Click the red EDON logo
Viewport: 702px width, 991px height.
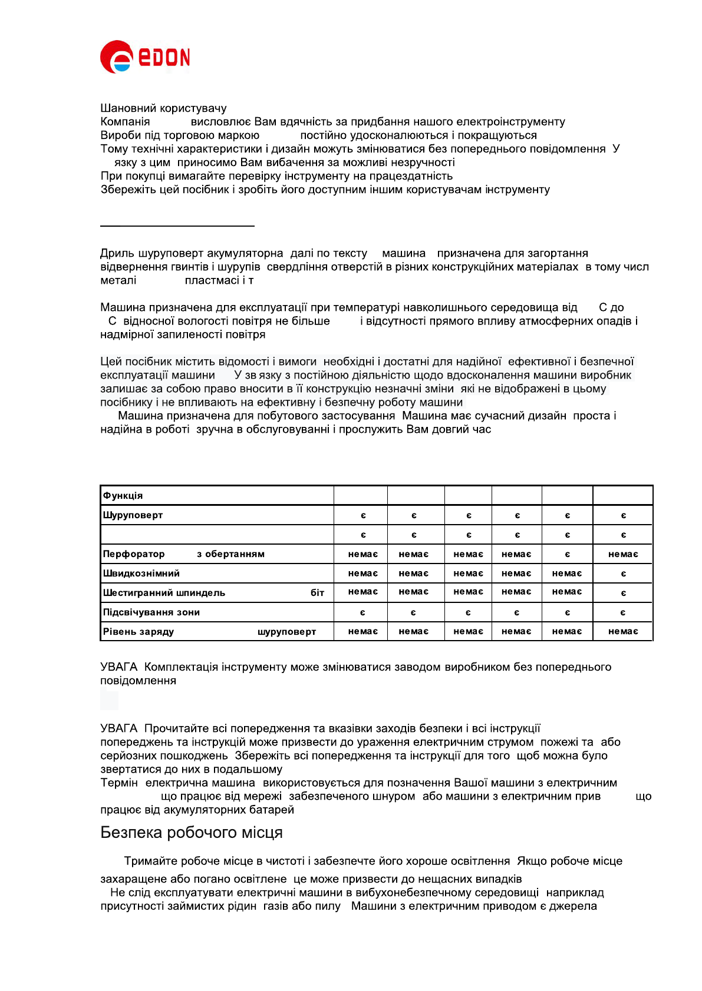[x=145, y=57]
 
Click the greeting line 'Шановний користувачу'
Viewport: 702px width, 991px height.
[x=163, y=108]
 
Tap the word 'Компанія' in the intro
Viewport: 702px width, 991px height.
[x=125, y=122]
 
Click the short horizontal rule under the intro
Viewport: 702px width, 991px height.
[x=177, y=226]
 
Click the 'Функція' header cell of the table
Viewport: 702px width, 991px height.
[x=123, y=496]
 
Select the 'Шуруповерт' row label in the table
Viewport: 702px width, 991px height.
[x=133, y=515]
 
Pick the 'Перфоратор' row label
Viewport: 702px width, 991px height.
[x=134, y=554]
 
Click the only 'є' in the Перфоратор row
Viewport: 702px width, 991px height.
[x=567, y=554]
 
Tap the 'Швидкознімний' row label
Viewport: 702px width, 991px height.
[x=141, y=574]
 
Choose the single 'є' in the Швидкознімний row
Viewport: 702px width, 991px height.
[x=623, y=574]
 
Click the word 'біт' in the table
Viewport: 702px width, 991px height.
[x=317, y=593]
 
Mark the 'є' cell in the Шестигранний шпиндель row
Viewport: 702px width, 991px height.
[x=623, y=593]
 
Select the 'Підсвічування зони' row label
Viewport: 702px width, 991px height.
[x=151, y=612]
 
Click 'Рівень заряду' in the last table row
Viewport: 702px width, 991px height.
[x=138, y=632]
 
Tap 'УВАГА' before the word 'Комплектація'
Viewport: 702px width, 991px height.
[x=118, y=667]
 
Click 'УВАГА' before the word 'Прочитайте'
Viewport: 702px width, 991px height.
[x=118, y=728]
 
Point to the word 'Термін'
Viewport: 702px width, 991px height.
[x=119, y=783]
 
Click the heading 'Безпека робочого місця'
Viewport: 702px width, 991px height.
[x=192, y=833]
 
